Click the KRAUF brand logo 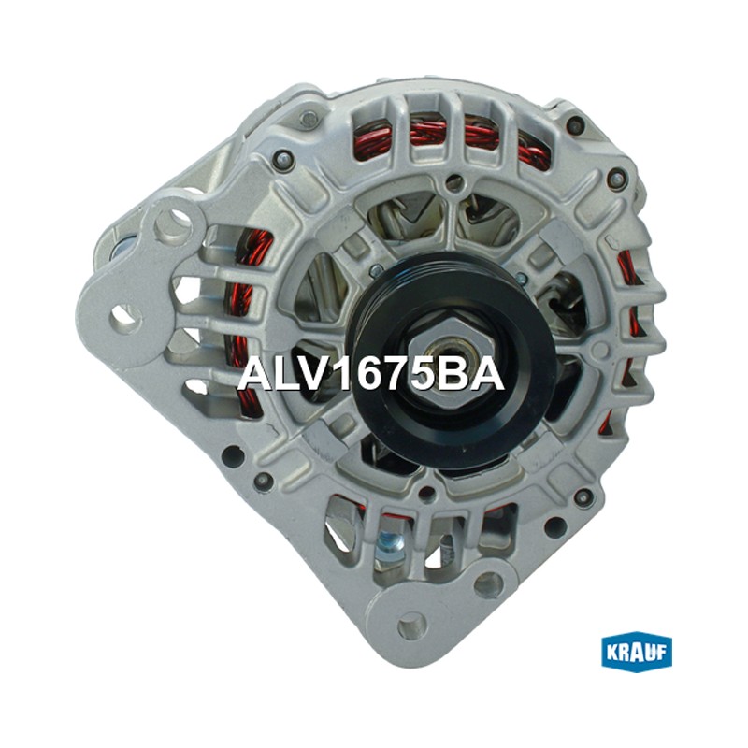coord(637,652)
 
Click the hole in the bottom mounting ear coord(411,625)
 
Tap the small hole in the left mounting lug coord(126,318)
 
